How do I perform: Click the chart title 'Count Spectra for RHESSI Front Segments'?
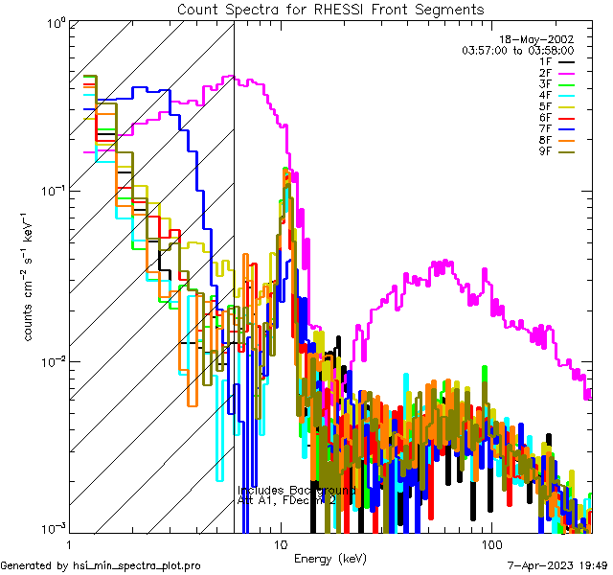tap(330, 9)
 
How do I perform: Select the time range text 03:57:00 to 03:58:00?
tap(518, 50)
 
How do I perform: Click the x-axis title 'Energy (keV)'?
tap(329, 558)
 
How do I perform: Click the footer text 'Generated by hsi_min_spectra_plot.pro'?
tap(102, 566)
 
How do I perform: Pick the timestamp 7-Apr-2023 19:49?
tap(555, 566)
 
